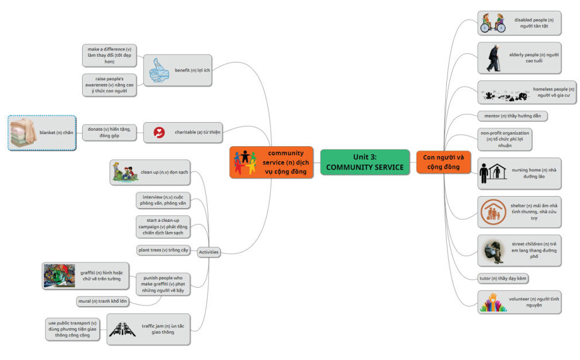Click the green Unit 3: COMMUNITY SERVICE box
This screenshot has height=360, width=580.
(x=365, y=162)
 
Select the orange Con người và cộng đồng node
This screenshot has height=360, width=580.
(x=443, y=162)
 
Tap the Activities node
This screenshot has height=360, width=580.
(x=208, y=252)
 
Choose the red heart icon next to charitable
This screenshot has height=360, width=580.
(x=159, y=132)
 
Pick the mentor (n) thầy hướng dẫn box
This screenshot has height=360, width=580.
(x=512, y=116)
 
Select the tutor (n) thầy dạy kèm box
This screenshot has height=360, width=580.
(x=503, y=279)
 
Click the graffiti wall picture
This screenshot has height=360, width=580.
(x=59, y=276)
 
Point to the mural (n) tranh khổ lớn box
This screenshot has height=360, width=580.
(x=103, y=301)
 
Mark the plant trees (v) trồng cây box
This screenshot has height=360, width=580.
(x=163, y=250)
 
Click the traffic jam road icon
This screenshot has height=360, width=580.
(x=122, y=329)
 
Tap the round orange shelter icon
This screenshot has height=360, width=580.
(x=493, y=212)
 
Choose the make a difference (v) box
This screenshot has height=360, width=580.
(x=109, y=55)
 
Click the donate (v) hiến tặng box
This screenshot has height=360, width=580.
(x=109, y=132)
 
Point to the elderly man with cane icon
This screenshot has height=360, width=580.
(x=493, y=58)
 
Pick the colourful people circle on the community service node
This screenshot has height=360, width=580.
(x=244, y=162)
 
